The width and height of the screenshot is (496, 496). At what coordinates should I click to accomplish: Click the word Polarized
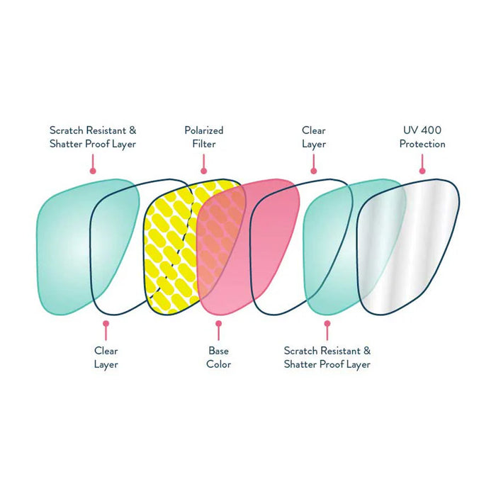[204, 130]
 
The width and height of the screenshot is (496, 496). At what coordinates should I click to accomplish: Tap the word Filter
[204, 144]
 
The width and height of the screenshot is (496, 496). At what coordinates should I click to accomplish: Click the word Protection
[422, 144]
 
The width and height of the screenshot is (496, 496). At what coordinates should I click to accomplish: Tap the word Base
[218, 351]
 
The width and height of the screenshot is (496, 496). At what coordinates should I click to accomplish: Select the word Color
[218, 364]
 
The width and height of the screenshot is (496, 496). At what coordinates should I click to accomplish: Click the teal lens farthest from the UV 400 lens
[64, 241]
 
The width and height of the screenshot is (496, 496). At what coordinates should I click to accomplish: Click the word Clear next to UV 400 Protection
[314, 130]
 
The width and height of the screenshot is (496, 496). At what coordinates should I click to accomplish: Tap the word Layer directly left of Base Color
[106, 364]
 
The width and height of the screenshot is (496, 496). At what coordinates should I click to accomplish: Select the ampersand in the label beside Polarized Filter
[133, 130]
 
